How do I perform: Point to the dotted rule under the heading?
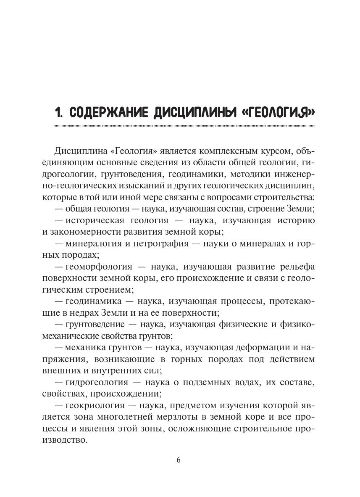click(x=184, y=126)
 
